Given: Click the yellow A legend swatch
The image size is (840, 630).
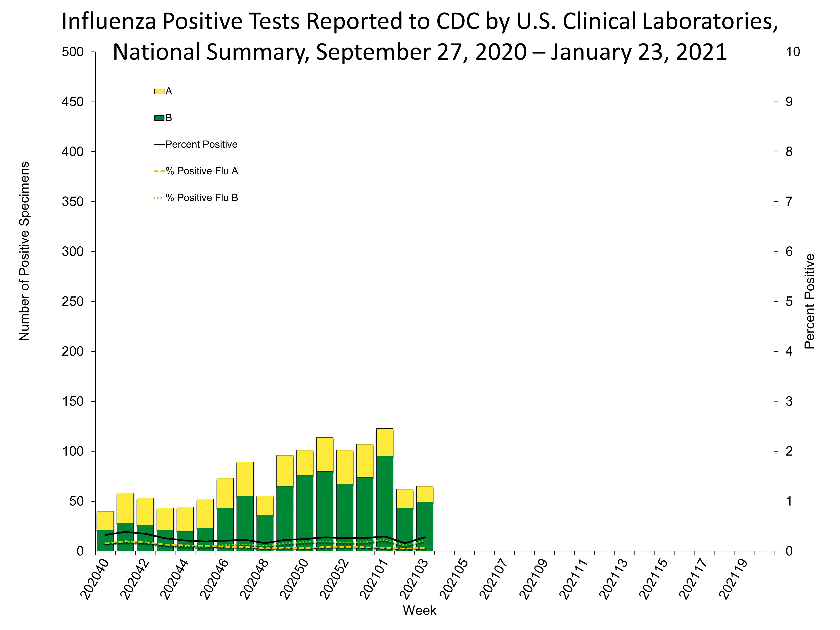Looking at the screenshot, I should coord(159,91).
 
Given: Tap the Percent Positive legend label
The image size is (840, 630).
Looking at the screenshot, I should coord(201,144).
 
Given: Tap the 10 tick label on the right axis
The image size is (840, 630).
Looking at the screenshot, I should coord(793,52).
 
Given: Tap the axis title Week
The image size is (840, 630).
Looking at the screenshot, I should coord(419,610).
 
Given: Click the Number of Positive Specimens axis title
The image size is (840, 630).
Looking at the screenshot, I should coord(24,251).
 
